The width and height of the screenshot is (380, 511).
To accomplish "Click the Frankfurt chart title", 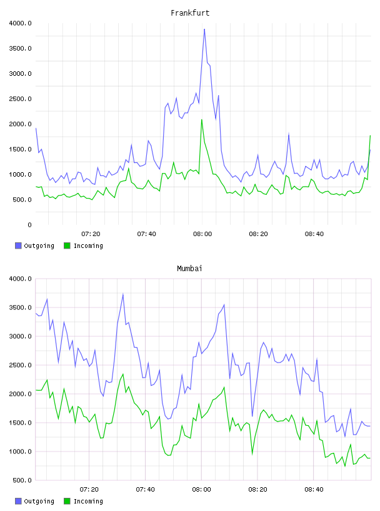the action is tap(190, 13).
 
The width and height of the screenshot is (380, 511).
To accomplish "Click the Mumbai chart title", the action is tap(189, 269).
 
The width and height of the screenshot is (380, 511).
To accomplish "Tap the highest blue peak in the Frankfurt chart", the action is tap(204, 29).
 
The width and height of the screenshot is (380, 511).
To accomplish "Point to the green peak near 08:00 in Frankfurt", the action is tap(202, 120).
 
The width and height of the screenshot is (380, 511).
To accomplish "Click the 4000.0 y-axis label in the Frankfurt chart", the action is tap(20, 23).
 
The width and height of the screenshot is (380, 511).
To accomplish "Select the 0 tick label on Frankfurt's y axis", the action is tap(29, 225).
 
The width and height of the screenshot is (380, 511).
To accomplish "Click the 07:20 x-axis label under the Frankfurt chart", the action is tap(91, 234).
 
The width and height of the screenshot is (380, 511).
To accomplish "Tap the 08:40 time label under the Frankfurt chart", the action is tap(314, 234).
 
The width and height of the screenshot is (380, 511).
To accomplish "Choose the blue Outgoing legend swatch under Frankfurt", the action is tap(18, 245).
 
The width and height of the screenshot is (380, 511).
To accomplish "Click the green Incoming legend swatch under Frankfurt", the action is tap(67, 245).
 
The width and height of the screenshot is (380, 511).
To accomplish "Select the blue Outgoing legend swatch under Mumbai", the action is tap(18, 501).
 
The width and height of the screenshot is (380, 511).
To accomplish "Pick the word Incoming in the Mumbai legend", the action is tap(88, 502).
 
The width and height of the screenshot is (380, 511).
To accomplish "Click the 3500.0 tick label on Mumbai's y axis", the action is tap(20, 307).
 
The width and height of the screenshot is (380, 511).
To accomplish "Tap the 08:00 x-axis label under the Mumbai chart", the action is tap(201, 490).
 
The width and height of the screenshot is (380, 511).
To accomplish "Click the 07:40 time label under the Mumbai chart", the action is tap(145, 490).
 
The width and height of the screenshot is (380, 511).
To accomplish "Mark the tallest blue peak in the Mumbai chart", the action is tap(123, 294).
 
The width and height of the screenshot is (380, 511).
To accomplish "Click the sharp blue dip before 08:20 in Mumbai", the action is tap(252, 416).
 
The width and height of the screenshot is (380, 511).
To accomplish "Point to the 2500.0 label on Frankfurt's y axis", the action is tap(20, 99).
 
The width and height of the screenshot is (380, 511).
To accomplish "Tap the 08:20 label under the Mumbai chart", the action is tap(257, 490).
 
